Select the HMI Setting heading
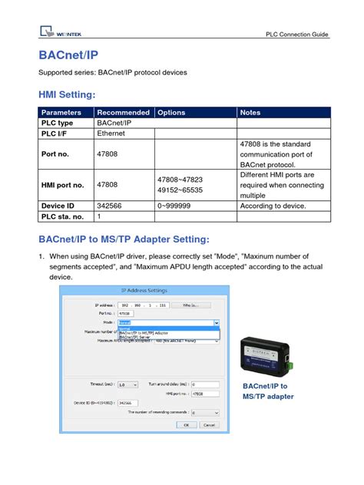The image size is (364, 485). coord(67,94)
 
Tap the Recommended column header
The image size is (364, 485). coord(123,112)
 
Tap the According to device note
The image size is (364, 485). coord(273,206)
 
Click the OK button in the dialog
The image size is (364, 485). coord(185,424)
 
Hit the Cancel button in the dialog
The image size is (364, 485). coord(209,424)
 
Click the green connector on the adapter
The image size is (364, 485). coord(288,357)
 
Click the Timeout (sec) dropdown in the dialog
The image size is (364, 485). coord(128,384)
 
